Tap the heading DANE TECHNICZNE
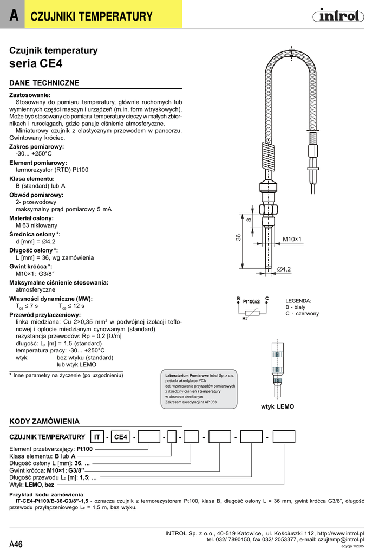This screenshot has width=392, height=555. click(44, 83)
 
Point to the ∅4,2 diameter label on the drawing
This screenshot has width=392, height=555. click(284, 269)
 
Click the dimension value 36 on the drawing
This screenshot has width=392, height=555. click(238, 237)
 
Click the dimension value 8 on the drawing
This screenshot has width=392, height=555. click(249, 220)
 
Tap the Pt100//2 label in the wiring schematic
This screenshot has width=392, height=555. click(251, 301)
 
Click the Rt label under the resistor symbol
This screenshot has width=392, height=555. click(244, 319)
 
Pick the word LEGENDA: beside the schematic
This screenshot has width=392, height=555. click(298, 300)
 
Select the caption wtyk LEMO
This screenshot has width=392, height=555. click(277, 406)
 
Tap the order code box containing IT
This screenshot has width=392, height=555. click(97, 437)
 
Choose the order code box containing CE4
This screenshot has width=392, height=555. click(120, 437)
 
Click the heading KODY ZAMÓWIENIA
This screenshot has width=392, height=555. click(44, 421)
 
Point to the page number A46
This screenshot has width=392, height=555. click(16, 544)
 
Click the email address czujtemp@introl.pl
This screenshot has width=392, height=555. click(341, 540)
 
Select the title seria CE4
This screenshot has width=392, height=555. click(36, 63)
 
